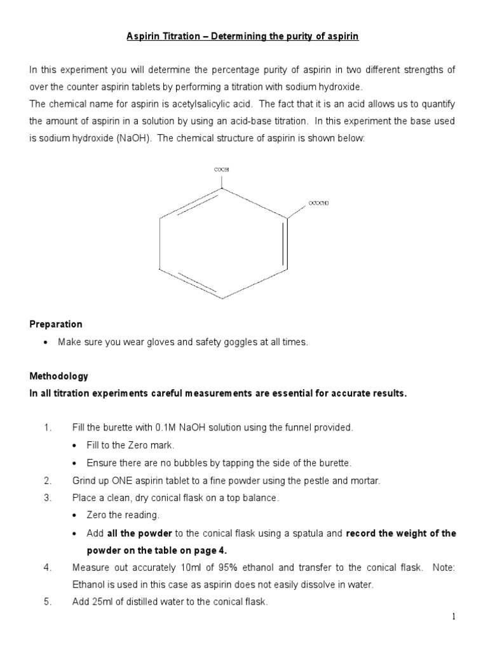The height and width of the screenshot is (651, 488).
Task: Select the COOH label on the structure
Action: [x=221, y=170]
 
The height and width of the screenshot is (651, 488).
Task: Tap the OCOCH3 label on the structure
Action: [x=319, y=203]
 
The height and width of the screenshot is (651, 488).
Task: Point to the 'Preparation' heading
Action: [x=56, y=324]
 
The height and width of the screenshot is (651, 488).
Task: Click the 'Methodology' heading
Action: [x=59, y=376]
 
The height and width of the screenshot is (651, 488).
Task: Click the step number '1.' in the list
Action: [x=48, y=428]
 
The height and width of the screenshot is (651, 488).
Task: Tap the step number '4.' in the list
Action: [x=48, y=568]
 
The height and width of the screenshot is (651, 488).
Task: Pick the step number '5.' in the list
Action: [x=48, y=602]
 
